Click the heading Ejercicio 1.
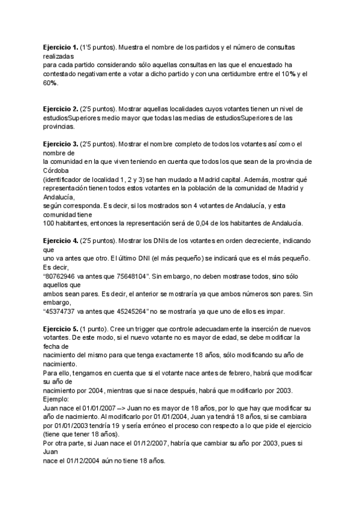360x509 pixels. point(60,46)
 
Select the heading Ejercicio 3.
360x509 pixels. point(60,144)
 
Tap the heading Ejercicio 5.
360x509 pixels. point(60,327)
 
